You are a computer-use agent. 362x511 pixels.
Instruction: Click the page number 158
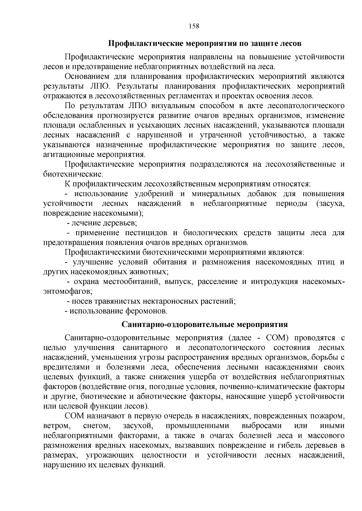coord(194,26)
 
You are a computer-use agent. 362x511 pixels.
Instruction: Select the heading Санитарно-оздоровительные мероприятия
coord(205,325)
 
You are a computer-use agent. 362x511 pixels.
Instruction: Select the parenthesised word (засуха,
coord(330,204)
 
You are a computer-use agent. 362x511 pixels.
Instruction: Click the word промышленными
coord(197,426)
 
